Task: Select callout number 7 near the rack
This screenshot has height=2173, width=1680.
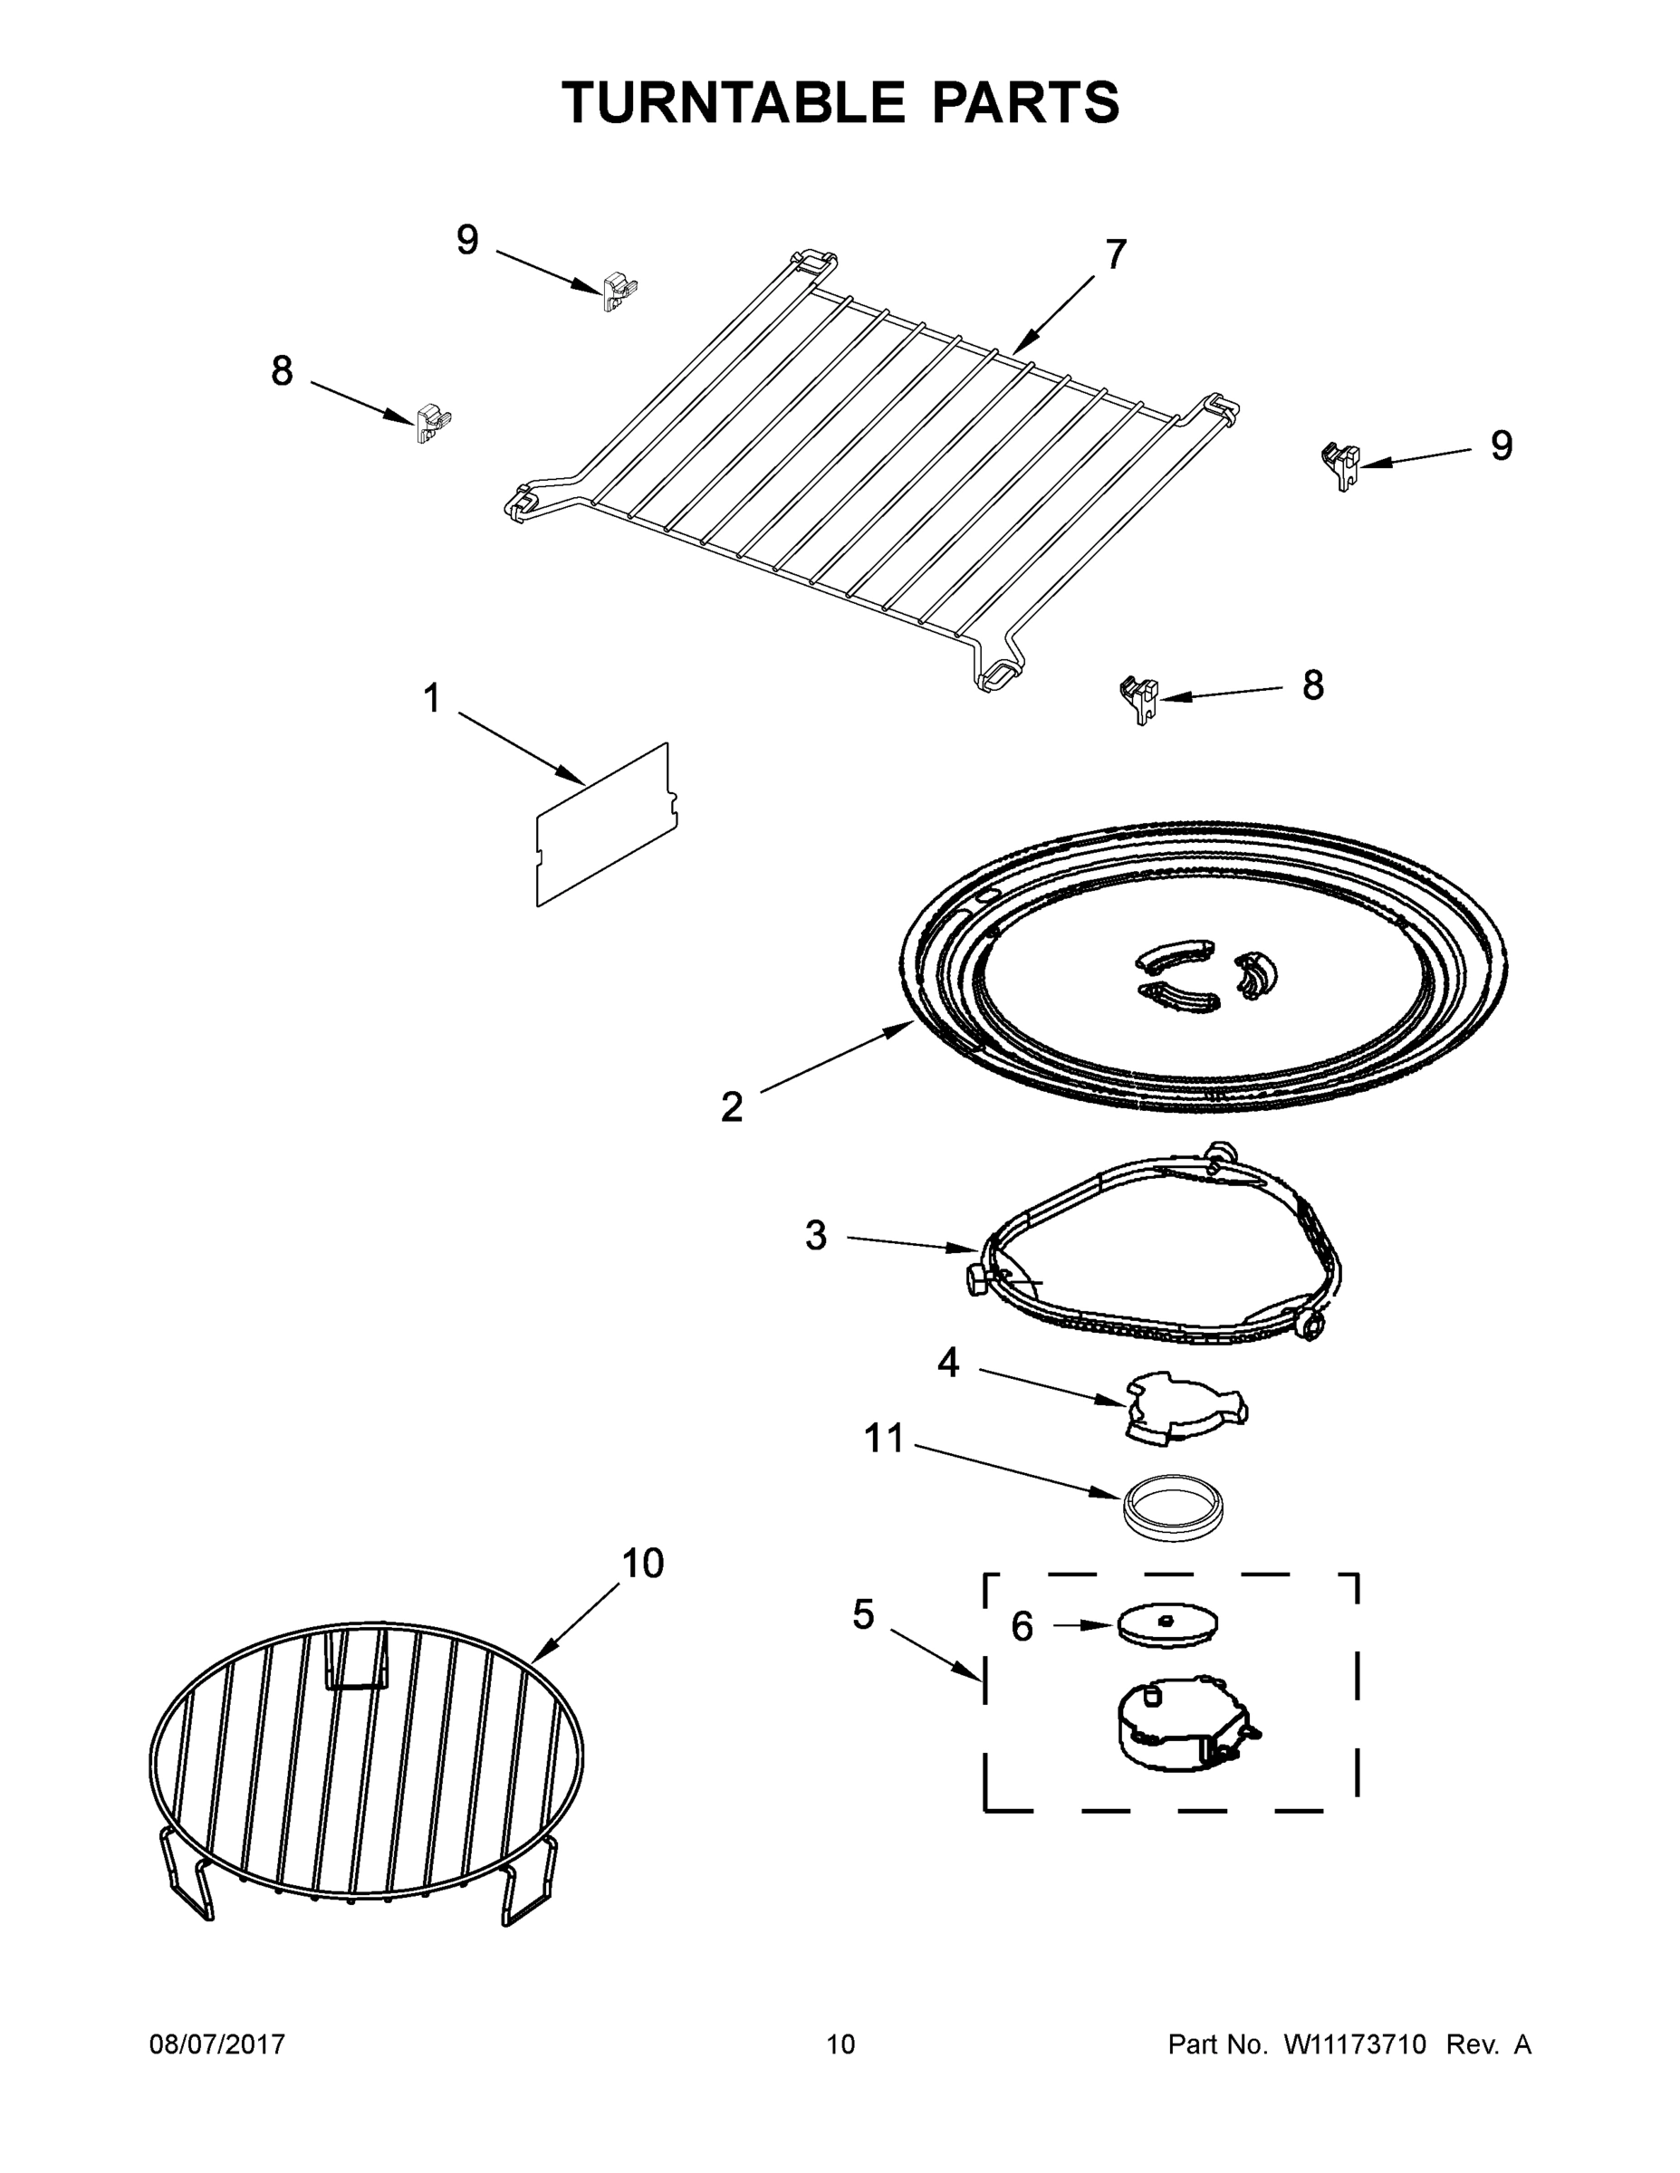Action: coord(1116,254)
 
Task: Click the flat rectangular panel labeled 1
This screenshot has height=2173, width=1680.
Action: coord(606,827)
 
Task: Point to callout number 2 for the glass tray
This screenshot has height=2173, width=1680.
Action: coord(732,1106)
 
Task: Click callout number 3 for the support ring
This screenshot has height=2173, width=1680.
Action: coord(816,1236)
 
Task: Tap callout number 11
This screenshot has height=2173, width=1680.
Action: coord(884,1439)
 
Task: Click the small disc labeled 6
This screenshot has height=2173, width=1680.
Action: coord(1166,1623)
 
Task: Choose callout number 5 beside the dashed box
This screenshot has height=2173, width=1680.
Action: coord(863,1615)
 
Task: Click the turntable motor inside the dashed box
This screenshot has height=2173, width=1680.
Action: coord(1179,1727)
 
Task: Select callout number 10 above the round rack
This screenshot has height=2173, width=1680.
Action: coord(643,1564)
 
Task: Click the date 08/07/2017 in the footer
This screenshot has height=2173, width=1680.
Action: coord(217,2044)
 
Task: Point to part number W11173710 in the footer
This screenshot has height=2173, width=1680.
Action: coord(1355,2044)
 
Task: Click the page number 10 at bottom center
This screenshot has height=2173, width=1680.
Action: coord(840,2044)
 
